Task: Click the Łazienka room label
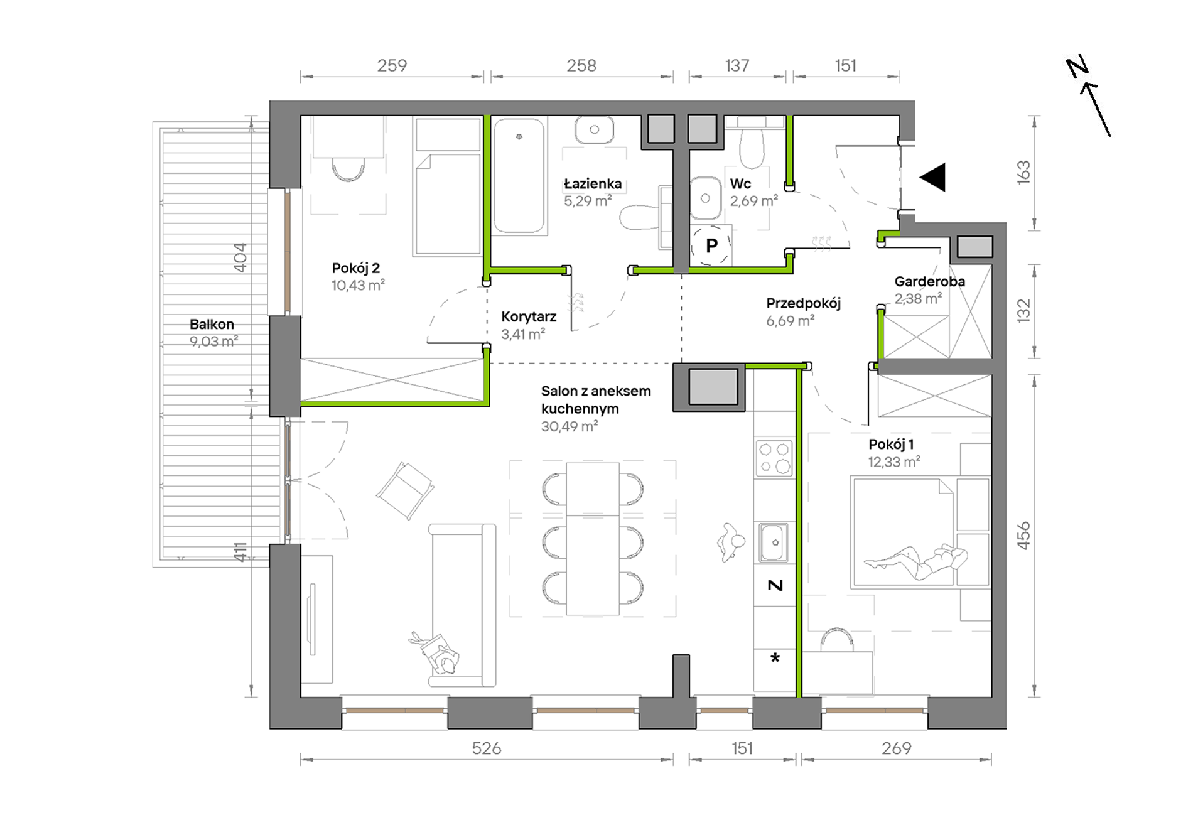(593, 184)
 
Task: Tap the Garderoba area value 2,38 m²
(918, 299)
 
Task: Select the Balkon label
(212, 324)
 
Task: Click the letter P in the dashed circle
(711, 245)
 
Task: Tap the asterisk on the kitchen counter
(775, 657)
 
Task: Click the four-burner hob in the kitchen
(774, 458)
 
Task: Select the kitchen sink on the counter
(774, 542)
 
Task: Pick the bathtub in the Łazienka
(519, 176)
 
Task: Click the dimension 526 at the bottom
(487, 748)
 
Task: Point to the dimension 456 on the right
(1023, 536)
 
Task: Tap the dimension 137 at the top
(737, 65)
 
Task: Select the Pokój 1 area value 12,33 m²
(894, 462)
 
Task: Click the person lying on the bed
(915, 561)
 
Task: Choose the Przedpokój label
(803, 303)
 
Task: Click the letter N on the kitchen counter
(775, 585)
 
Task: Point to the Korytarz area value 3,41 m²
(523, 334)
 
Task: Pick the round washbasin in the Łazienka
(593, 130)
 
